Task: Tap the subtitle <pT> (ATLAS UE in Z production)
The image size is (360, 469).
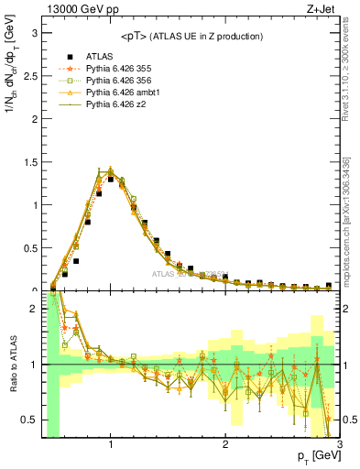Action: (191, 36)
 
